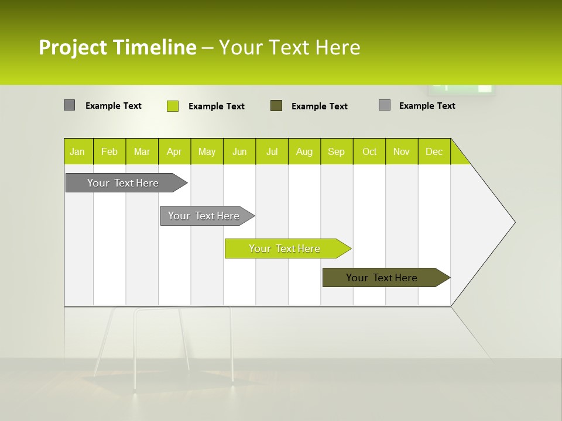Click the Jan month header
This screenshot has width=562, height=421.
(x=77, y=152)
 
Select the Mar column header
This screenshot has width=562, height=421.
(x=142, y=152)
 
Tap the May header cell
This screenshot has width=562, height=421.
(x=207, y=152)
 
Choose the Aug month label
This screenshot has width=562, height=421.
(x=304, y=152)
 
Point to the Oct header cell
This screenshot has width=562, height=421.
(x=369, y=152)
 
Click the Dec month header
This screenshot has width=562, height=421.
(x=434, y=152)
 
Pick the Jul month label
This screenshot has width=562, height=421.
(x=272, y=152)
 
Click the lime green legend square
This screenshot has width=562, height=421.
(x=173, y=106)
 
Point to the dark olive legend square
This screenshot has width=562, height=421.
(x=276, y=106)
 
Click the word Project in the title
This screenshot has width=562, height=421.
(x=72, y=47)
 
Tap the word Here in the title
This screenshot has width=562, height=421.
(x=338, y=47)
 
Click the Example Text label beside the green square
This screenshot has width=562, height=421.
(x=217, y=106)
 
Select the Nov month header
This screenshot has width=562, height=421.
(x=401, y=152)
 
